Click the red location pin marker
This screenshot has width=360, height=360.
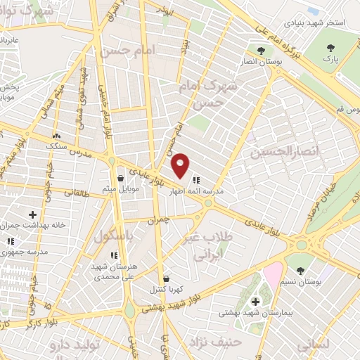click(181, 166)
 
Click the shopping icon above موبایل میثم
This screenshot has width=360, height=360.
click(122, 178)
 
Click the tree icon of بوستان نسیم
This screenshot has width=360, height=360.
click(301, 271)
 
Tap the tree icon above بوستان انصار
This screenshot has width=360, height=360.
click(262, 51)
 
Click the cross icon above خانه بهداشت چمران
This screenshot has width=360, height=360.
click(32, 214)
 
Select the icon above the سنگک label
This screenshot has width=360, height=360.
click(56, 136)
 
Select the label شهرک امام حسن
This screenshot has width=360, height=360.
click(220, 94)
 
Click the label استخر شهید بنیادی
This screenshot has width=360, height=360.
click(315, 23)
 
